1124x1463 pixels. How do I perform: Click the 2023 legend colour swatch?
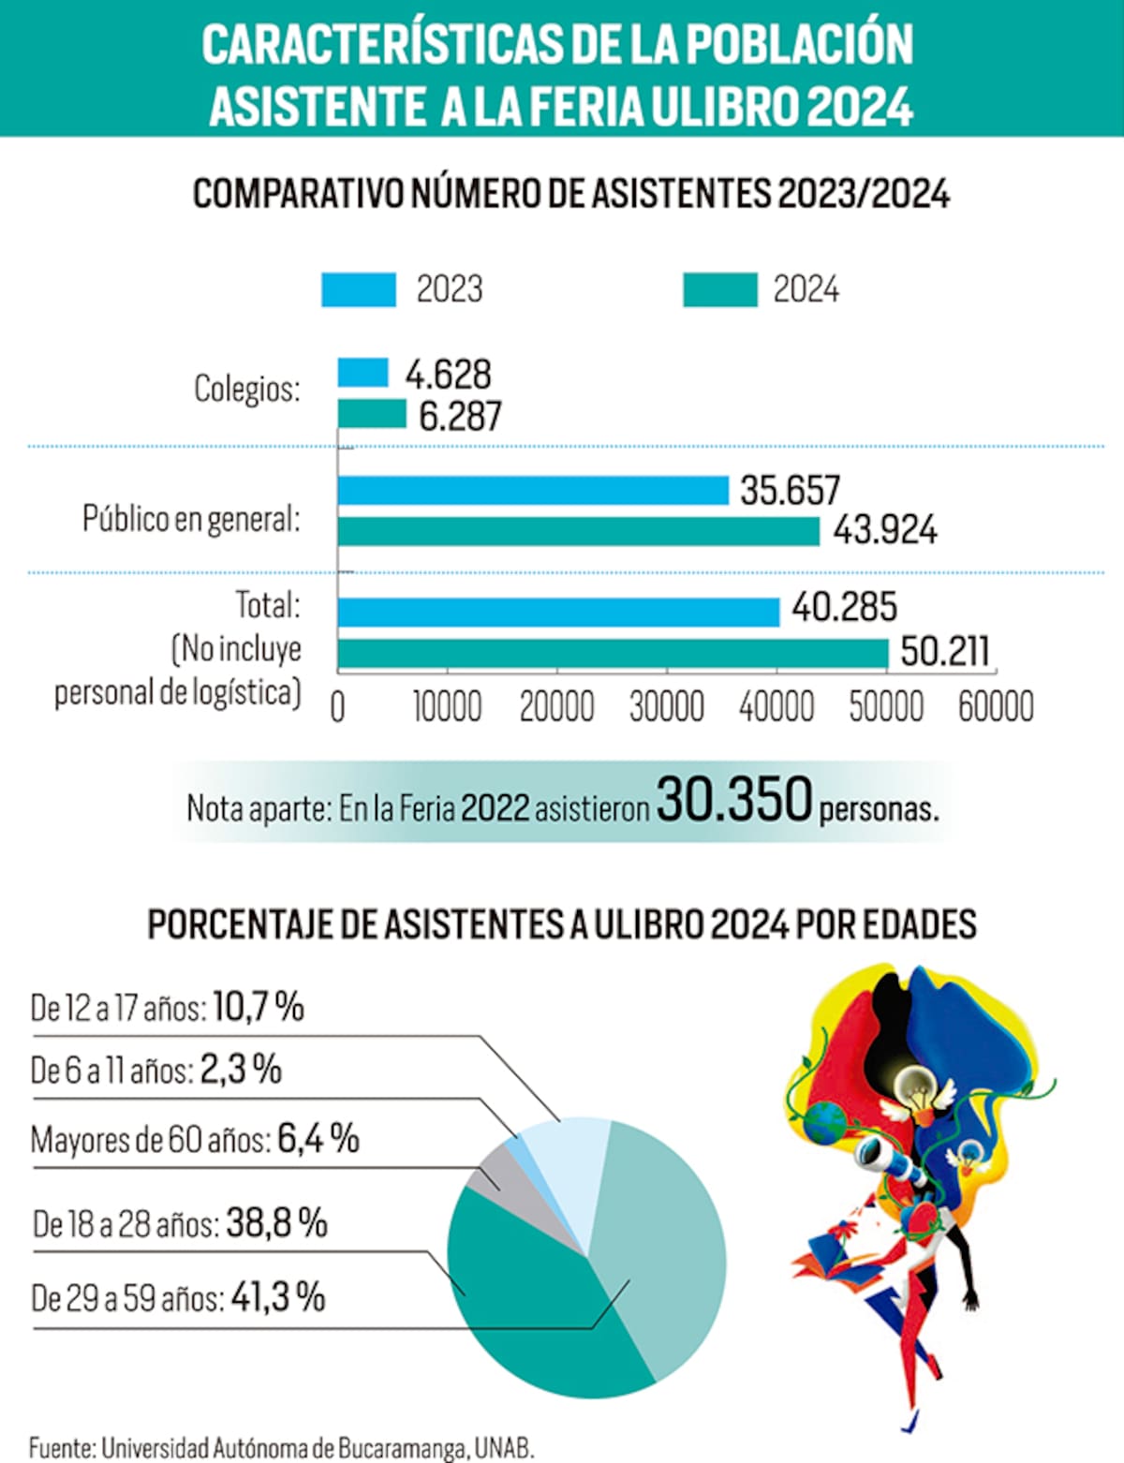pyautogui.click(x=358, y=289)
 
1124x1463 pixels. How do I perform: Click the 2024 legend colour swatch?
pyautogui.click(x=719, y=289)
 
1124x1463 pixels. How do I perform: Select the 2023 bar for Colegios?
pyautogui.click(x=362, y=373)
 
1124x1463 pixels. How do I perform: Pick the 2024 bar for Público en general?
pyautogui.click(x=578, y=531)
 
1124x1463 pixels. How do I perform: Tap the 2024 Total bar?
pyautogui.click(x=613, y=653)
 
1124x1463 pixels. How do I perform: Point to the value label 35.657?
pyautogui.click(x=790, y=490)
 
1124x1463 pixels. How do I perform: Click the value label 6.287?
pyautogui.click(x=460, y=416)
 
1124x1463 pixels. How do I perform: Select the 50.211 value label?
pyautogui.click(x=944, y=651)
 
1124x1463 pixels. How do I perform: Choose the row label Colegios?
pyautogui.click(x=247, y=388)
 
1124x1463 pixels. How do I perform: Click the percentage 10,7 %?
pyautogui.click(x=259, y=1007)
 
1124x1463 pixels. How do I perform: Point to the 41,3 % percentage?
pyautogui.click(x=277, y=1297)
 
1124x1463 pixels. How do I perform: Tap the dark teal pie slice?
pyautogui.click(x=525, y=1311)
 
